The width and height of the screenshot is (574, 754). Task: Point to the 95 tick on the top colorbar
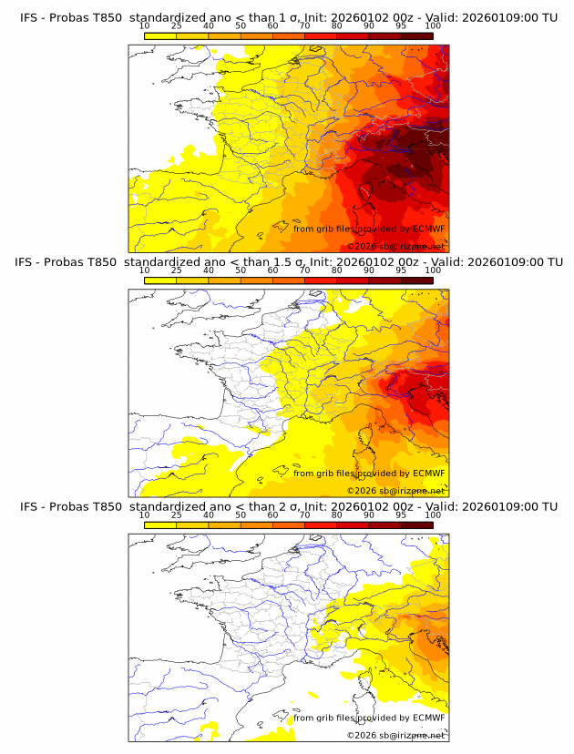click(x=401, y=25)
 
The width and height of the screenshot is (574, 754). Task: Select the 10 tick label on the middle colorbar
click(x=144, y=270)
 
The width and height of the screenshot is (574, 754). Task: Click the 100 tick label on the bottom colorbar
click(x=433, y=515)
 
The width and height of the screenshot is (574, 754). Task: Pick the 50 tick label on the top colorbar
click(x=241, y=25)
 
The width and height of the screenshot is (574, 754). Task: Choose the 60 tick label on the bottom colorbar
click(x=272, y=515)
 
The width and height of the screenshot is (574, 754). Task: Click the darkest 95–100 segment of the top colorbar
click(x=416, y=36)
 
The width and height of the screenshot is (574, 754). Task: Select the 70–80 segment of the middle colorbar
click(x=321, y=280)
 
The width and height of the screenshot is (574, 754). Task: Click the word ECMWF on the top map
click(x=428, y=229)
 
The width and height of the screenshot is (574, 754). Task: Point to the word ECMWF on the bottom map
click(x=428, y=718)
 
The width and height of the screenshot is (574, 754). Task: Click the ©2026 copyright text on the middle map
click(x=395, y=491)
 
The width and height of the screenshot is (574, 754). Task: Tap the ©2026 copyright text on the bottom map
click(x=395, y=735)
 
